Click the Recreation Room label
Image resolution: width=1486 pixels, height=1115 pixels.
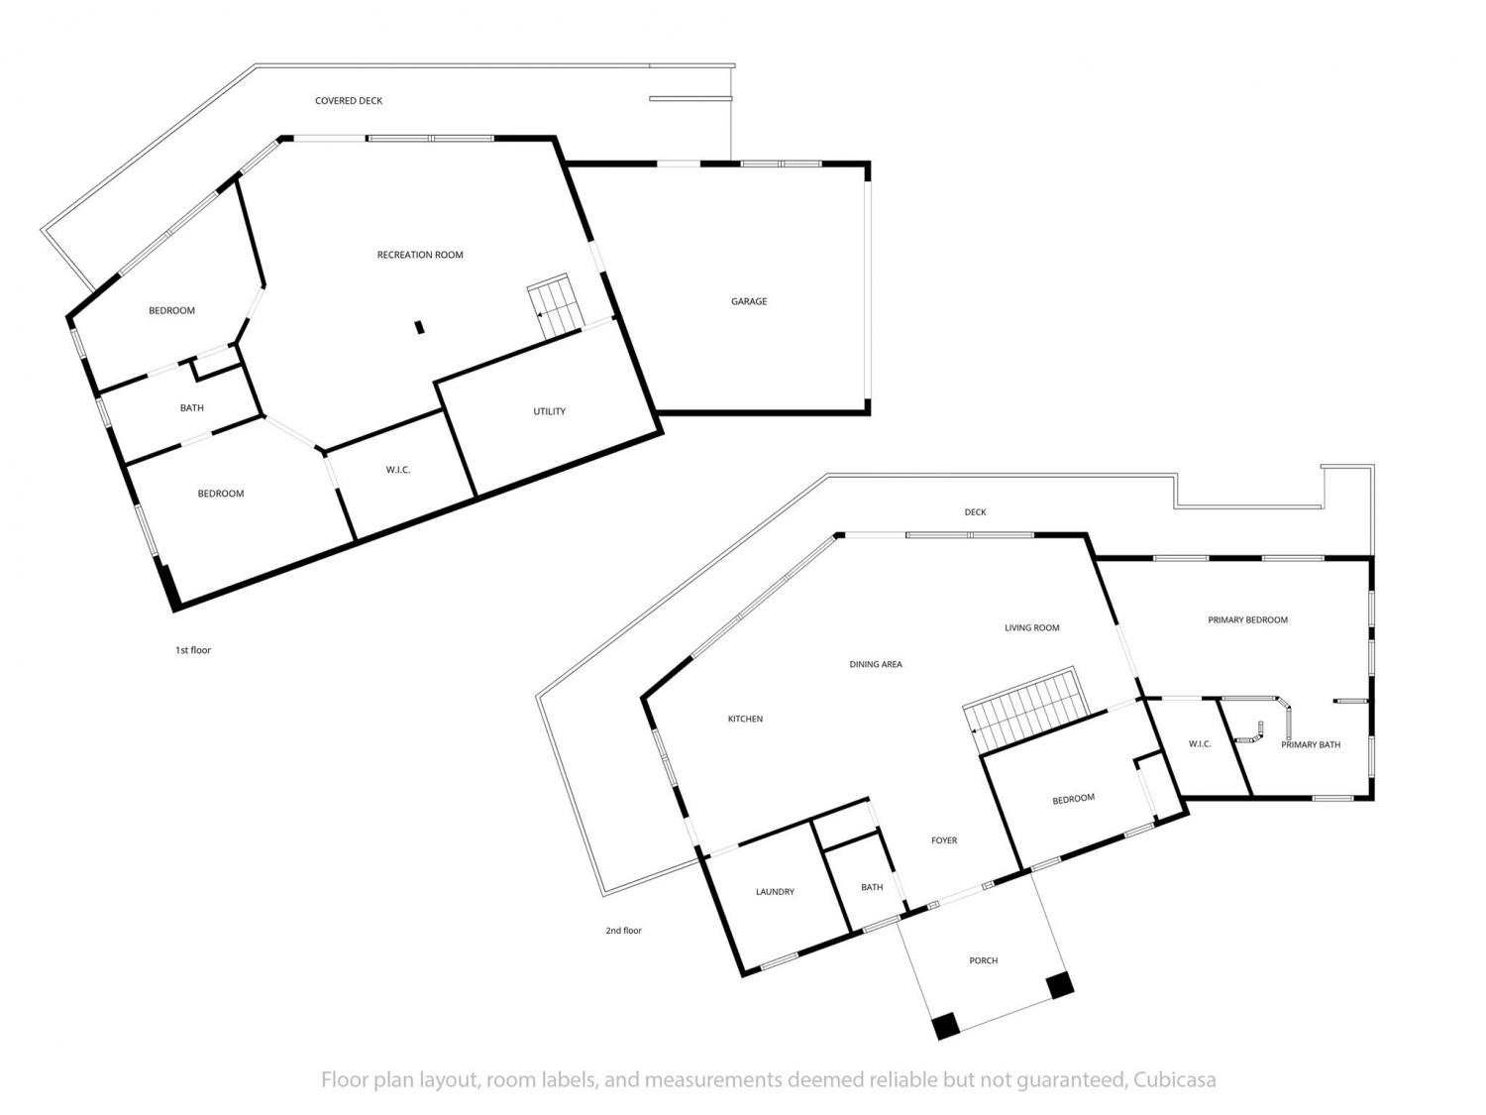click(420, 255)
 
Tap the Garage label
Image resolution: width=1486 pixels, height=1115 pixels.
click(749, 301)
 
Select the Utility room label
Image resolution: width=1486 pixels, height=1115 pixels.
click(549, 411)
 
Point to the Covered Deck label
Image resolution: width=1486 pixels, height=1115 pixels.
click(349, 101)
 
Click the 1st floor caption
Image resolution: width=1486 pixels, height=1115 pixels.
click(193, 650)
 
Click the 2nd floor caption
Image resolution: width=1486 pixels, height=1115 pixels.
click(623, 931)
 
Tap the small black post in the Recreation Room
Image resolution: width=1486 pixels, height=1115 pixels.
click(420, 327)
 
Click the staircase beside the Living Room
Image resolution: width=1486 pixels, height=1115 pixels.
click(1025, 709)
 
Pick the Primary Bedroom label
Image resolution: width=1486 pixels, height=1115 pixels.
click(1247, 619)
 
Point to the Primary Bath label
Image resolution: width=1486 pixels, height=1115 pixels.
click(1311, 744)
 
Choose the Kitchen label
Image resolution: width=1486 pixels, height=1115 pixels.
click(745, 719)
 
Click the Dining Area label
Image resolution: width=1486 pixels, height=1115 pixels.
click(876, 664)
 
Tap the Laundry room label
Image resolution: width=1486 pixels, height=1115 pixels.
click(775, 892)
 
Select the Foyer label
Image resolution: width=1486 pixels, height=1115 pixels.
click(944, 840)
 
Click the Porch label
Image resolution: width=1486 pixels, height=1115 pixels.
click(983, 960)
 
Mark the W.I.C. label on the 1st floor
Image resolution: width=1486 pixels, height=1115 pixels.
click(398, 469)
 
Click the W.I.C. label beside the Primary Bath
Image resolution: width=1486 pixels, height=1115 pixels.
click(1200, 744)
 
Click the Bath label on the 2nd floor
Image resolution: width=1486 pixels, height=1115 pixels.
click(872, 887)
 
